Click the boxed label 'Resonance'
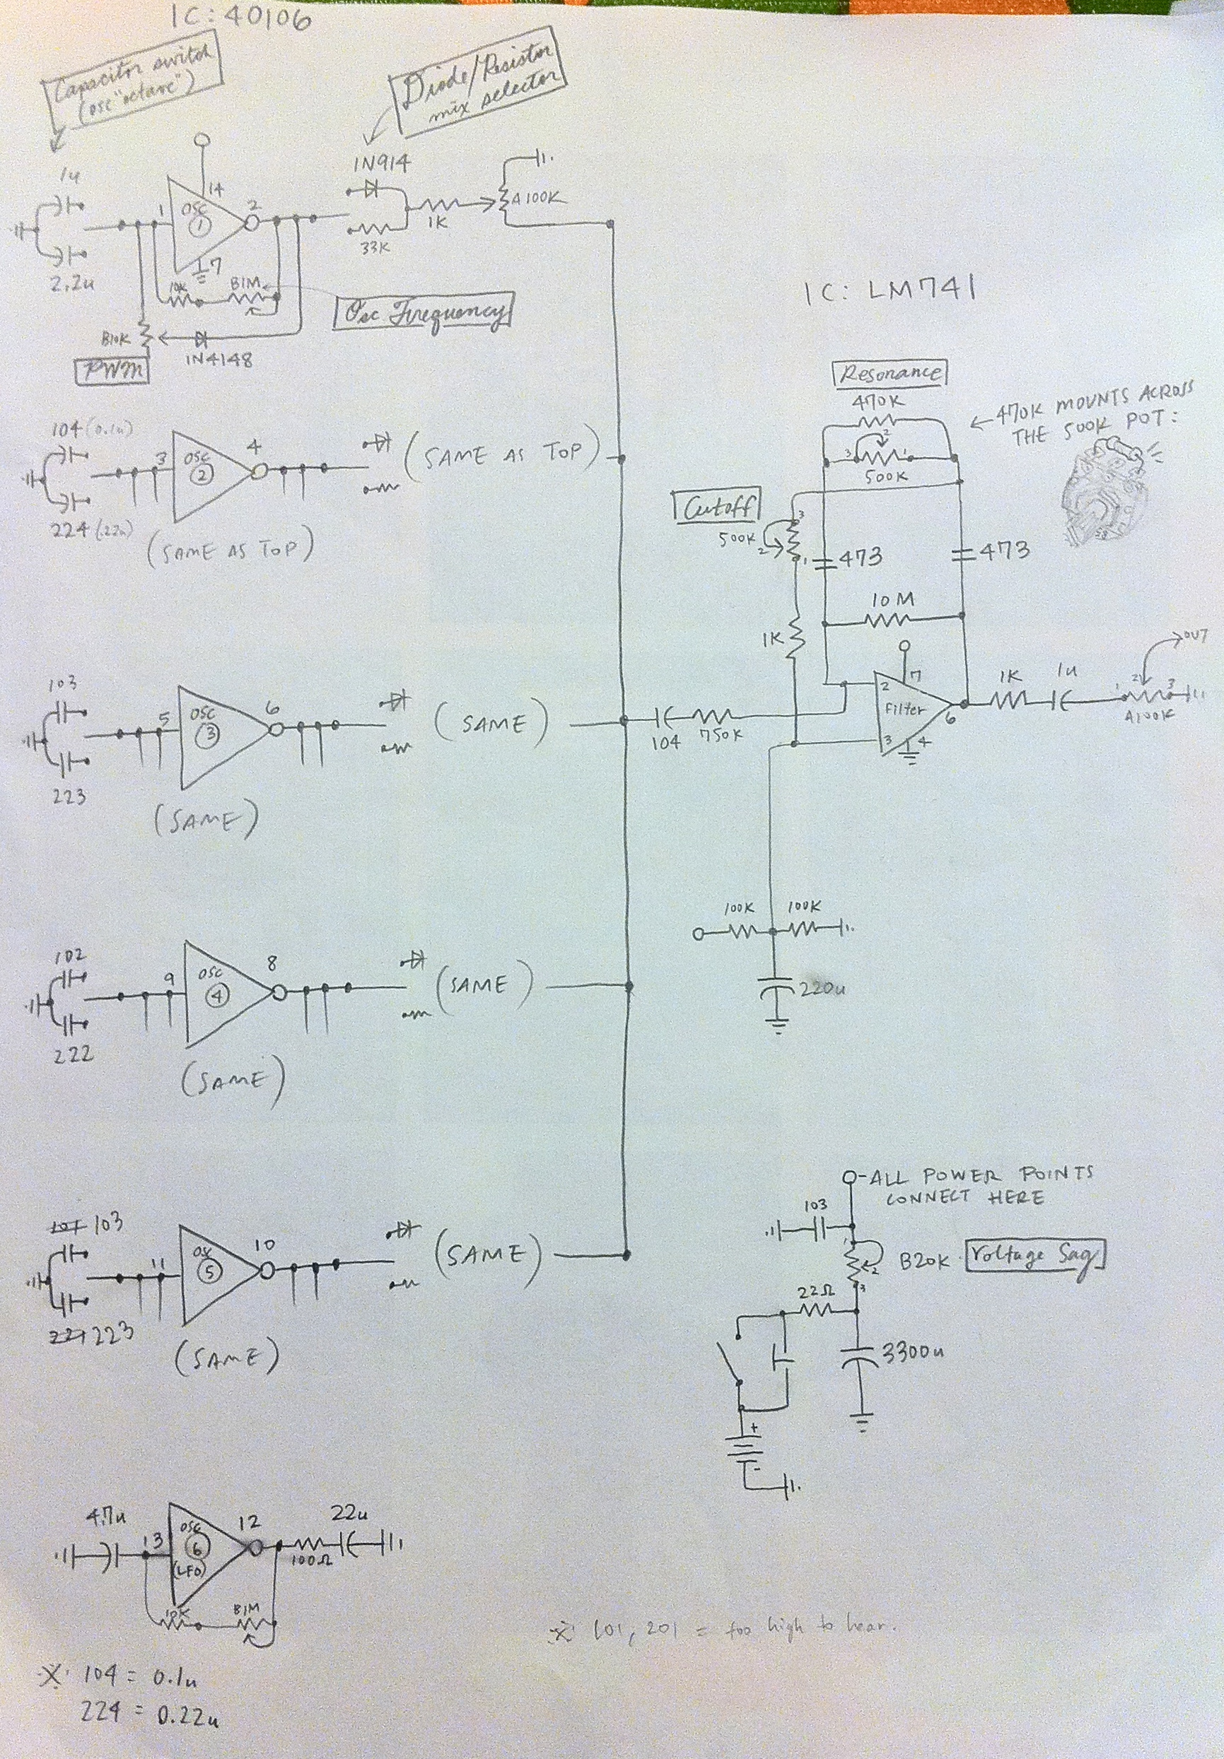[x=889, y=373]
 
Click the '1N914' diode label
[x=381, y=163]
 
